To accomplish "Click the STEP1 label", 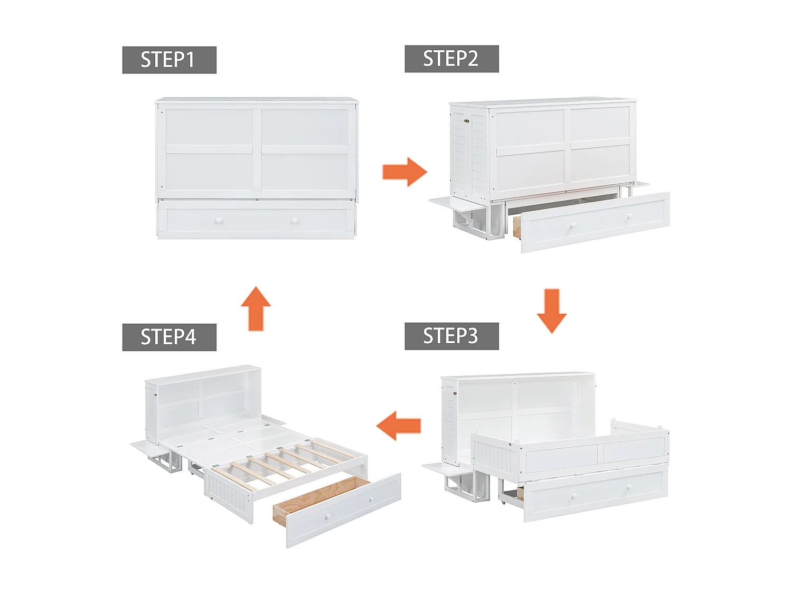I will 169,60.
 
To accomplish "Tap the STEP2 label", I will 451,59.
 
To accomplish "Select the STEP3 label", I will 451,336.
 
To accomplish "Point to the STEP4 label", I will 169,337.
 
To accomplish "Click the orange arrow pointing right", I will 404,172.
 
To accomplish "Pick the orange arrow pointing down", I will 552,310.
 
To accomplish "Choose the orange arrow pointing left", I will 399,426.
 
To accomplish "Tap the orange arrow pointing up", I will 256,308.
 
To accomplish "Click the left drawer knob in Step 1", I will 219,222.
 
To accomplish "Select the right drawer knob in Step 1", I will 295,222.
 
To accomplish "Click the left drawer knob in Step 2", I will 572,227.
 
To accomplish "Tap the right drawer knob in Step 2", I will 629,216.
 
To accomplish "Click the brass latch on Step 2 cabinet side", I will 466,121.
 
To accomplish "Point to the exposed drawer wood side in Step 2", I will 517,226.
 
